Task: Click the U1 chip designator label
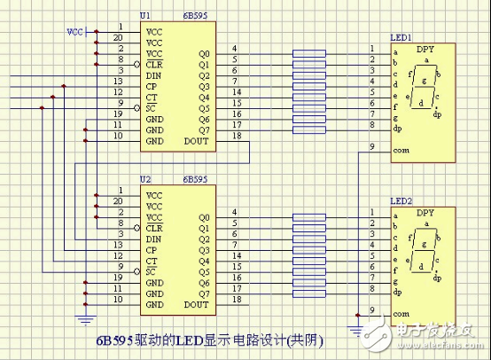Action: click(x=145, y=17)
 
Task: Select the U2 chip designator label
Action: click(x=145, y=180)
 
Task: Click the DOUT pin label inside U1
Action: click(x=198, y=140)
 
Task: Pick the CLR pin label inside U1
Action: click(x=154, y=65)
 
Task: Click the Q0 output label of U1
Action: click(x=204, y=54)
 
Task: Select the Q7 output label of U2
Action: click(x=204, y=293)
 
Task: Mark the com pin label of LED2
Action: click(x=401, y=314)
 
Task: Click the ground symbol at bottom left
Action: click(x=84, y=317)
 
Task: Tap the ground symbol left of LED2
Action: click(x=356, y=330)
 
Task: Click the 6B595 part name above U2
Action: click(x=195, y=180)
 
